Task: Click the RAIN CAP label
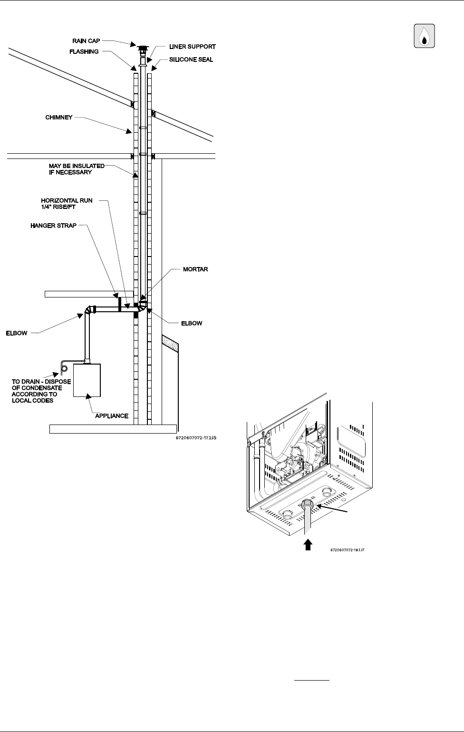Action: [86, 41]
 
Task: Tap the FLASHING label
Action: [86, 51]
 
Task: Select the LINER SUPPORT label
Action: [192, 47]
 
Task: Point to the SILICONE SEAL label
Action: [191, 60]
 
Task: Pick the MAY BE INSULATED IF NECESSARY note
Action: [76, 169]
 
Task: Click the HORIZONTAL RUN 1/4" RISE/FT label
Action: [67, 204]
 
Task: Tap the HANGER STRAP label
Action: [53, 226]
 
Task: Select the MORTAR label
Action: [195, 269]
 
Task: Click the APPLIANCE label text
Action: [112, 416]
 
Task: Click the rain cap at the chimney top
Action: [142, 49]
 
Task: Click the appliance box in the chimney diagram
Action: [87, 380]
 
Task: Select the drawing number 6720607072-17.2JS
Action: [196, 437]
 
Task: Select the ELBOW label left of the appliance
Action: [17, 333]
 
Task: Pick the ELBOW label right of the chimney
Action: [192, 323]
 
